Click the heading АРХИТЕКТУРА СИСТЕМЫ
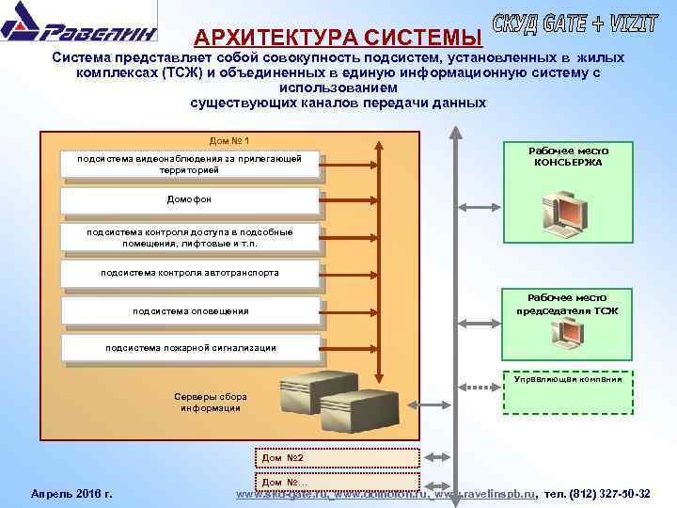click(x=338, y=38)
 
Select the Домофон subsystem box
click(x=189, y=200)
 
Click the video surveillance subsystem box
click(x=189, y=165)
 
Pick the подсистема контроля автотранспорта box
click(x=189, y=273)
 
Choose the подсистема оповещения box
click(x=189, y=310)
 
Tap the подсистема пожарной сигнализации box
click(x=189, y=347)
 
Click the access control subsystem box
click(x=189, y=237)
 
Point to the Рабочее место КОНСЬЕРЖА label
click(x=568, y=156)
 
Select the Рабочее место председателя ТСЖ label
click(x=567, y=304)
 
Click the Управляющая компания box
click(x=567, y=380)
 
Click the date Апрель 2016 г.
click(x=71, y=493)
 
